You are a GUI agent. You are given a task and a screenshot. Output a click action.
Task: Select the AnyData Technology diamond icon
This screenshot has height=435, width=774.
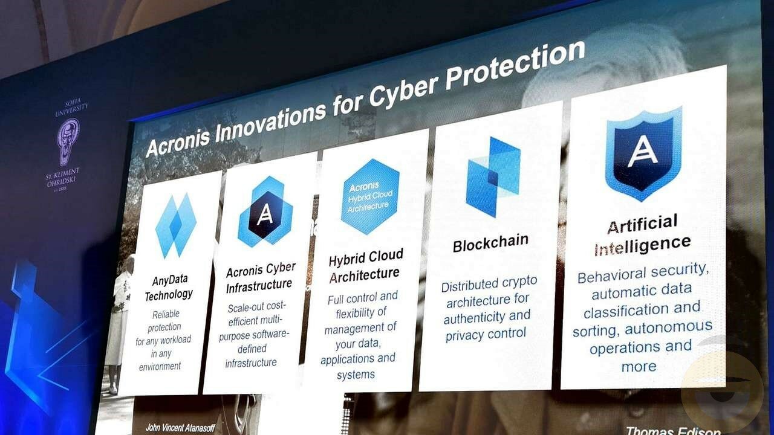click(x=176, y=226)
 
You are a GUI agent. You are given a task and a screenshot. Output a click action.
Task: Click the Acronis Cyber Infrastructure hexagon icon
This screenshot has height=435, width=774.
click(x=265, y=211)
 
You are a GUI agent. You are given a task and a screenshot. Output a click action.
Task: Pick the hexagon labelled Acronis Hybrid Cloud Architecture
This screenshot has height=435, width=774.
click(x=370, y=196)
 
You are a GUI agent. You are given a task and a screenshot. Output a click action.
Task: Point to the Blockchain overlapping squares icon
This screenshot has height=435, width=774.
click(x=493, y=177)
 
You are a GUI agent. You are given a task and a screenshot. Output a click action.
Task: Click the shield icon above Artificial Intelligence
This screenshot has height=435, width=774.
click(x=643, y=153)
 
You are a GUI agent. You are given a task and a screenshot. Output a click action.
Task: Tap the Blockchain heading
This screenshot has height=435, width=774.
click(x=490, y=243)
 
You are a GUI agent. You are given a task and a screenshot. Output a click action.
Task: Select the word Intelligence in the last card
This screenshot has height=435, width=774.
click(x=642, y=245)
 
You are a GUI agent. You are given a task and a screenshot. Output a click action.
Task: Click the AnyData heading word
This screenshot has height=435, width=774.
click(x=170, y=280)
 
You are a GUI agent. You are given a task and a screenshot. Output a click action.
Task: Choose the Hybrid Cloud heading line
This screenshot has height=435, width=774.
click(x=366, y=257)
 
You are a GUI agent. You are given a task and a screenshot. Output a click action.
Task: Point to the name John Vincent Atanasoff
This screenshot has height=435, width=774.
click(x=180, y=428)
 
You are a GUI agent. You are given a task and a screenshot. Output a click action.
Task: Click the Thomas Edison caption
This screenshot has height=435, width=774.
click(x=673, y=431)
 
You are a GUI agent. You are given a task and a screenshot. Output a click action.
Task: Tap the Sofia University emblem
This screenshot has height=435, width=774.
click(x=68, y=142)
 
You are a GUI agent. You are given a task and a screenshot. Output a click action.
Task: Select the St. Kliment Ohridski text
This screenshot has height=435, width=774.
click(x=62, y=177)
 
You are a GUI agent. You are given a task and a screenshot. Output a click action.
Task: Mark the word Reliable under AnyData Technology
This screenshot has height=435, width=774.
click(x=166, y=314)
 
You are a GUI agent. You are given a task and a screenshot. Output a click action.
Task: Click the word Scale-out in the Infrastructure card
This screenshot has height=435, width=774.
click(x=246, y=308)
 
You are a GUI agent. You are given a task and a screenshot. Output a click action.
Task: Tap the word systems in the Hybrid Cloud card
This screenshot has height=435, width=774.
click(x=356, y=375)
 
